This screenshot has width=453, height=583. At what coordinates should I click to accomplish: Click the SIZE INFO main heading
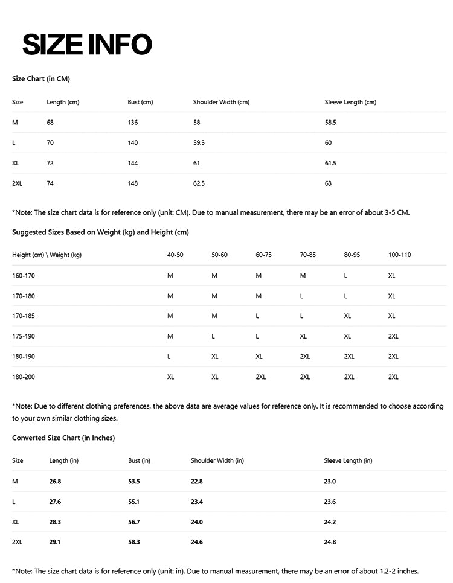click(x=87, y=44)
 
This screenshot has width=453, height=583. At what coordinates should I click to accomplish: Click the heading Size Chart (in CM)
click(x=41, y=79)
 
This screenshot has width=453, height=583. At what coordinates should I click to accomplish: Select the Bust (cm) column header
click(x=140, y=102)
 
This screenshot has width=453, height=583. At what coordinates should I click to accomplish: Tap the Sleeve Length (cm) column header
click(x=350, y=102)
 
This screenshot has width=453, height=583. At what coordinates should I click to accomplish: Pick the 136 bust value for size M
click(x=133, y=123)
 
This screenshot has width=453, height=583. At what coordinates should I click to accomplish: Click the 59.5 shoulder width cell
click(x=199, y=143)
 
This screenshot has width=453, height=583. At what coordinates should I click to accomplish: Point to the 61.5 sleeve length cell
click(x=330, y=163)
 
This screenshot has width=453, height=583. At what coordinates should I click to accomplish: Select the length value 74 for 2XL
click(x=50, y=183)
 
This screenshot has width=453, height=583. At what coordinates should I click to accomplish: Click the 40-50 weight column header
click(x=175, y=255)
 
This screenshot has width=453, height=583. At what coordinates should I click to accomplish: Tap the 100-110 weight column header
click(x=399, y=255)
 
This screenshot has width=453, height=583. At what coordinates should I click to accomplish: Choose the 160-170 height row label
click(x=24, y=275)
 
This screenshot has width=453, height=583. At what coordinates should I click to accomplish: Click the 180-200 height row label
click(x=24, y=377)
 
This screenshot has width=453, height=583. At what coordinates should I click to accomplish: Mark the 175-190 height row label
click(x=24, y=336)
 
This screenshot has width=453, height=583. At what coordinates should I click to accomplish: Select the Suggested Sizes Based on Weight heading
click(x=100, y=232)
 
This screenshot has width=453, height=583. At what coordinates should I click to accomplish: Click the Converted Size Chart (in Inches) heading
click(x=63, y=438)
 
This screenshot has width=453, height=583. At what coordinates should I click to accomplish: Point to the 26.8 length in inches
click(x=55, y=481)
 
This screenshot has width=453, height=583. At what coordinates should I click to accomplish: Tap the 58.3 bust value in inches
click(x=134, y=542)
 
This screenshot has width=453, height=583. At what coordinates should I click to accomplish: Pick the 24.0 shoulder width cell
click(x=197, y=521)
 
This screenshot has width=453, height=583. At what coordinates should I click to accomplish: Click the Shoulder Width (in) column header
click(x=217, y=460)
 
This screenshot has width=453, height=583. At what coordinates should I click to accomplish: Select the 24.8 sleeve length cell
click(x=330, y=542)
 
